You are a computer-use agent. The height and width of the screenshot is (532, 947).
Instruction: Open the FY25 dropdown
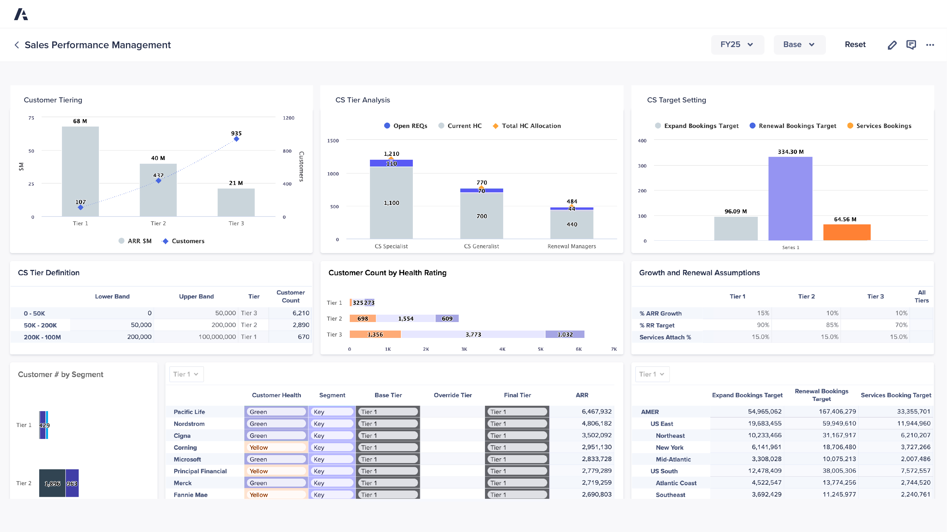click(x=737, y=45)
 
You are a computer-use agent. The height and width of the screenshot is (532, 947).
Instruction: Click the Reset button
click(x=855, y=45)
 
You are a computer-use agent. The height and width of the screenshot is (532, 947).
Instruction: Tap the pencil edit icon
click(x=892, y=45)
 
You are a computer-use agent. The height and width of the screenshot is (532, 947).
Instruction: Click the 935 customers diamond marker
click(x=236, y=139)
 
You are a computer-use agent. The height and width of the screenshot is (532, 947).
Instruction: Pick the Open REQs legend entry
click(x=405, y=126)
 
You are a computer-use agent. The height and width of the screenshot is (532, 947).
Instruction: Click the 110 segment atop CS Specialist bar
click(x=391, y=163)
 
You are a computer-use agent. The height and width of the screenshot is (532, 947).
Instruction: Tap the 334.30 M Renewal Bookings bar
click(x=790, y=198)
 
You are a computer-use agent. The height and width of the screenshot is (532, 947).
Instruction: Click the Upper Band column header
click(x=196, y=296)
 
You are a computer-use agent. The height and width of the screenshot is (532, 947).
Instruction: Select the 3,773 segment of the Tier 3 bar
click(x=473, y=335)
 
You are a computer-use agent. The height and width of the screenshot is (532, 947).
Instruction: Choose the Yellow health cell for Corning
click(x=275, y=447)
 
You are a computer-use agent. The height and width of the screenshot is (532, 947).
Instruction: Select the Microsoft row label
click(x=187, y=459)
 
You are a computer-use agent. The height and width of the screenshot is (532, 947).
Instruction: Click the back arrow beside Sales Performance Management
click(x=16, y=45)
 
